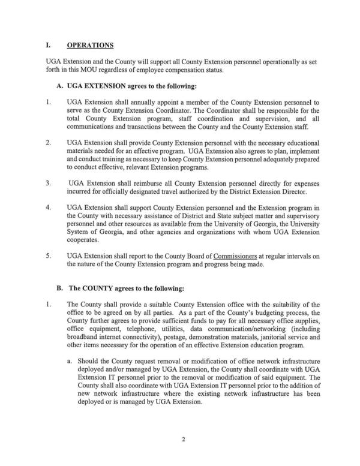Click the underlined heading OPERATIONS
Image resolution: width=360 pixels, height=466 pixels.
(x=91, y=46)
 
